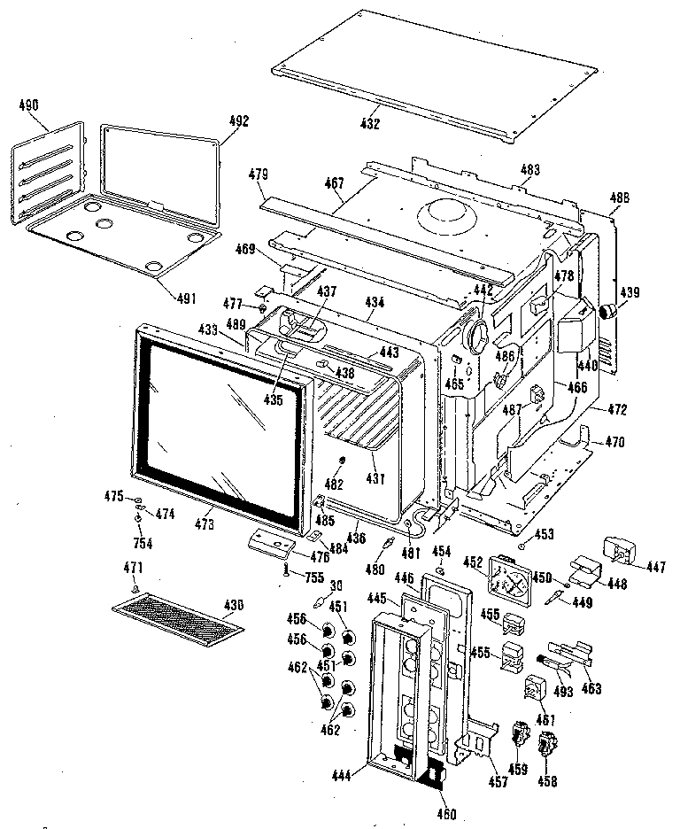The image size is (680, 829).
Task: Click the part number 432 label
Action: [x=370, y=124]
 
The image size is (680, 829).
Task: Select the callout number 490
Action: [x=28, y=105]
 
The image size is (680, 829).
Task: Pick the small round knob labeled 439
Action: [x=609, y=311]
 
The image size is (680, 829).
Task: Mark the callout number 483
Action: [x=530, y=168]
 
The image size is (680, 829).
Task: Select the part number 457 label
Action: [x=498, y=782]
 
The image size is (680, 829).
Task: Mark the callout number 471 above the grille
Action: [x=133, y=567]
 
